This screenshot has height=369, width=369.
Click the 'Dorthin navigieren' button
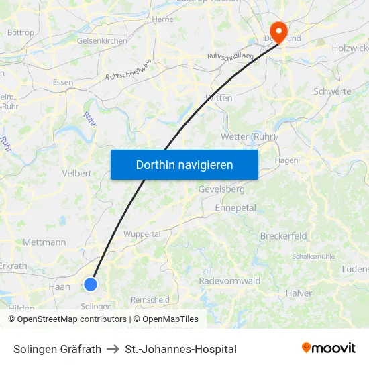pos(184,164)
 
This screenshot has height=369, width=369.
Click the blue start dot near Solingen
pos(91,284)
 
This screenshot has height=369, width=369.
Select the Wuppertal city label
pos(142,234)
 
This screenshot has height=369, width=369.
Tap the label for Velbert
pos(76,173)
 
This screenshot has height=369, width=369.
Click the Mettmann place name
pos(44,242)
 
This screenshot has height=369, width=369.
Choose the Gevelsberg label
pos(221,190)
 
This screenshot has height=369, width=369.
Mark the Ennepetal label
pos(235,208)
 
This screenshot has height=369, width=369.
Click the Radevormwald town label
pos(229,281)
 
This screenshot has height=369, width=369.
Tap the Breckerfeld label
pos(283,236)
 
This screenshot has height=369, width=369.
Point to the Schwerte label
pos(332,91)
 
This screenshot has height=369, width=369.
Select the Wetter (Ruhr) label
pos(249,137)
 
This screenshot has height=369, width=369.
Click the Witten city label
pos(219,98)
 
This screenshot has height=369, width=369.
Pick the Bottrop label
pos(20,32)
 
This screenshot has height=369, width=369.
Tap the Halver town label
pos(299,293)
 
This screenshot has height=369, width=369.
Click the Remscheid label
pos(150,300)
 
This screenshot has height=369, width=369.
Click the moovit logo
pos(328,348)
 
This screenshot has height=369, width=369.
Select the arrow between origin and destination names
pos(113,349)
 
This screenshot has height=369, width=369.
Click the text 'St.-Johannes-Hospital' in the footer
pos(180,349)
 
